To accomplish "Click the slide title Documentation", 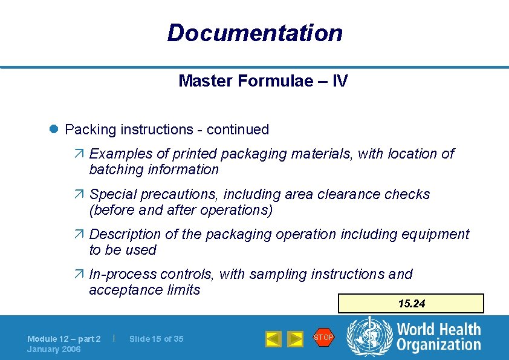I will tap(254, 33).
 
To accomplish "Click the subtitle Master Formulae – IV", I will tap(263, 81).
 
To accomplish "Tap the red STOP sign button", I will tap(323, 338).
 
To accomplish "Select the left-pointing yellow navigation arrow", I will tap(273, 339).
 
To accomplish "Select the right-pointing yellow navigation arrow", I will tap(294, 339).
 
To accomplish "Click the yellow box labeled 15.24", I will tap(411, 304).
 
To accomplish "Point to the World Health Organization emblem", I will tap(368, 337).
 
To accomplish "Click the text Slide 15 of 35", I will tap(156, 339).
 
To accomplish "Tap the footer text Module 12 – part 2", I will tap(63, 339).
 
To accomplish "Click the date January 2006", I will tap(54, 349).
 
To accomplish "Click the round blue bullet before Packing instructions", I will tap(54, 129).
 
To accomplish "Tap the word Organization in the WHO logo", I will tap(439, 345).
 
